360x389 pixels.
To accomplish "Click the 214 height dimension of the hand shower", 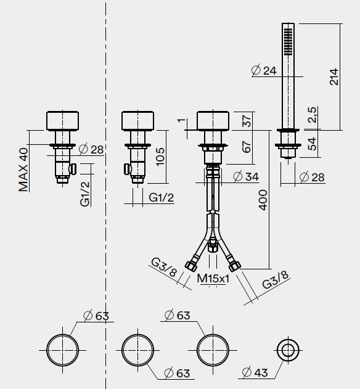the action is (333, 77).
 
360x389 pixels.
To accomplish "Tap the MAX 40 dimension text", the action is (23, 170).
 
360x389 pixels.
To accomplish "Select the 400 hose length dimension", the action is (263, 200).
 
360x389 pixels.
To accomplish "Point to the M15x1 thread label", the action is (213, 279).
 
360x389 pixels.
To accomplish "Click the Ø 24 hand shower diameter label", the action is (264, 70).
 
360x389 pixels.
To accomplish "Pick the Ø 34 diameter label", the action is (246, 177).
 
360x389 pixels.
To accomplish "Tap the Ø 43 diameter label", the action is (255, 372).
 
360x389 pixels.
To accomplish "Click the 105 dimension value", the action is (160, 157).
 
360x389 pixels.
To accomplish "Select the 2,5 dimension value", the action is (312, 115).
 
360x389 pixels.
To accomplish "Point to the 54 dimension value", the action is (312, 144).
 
